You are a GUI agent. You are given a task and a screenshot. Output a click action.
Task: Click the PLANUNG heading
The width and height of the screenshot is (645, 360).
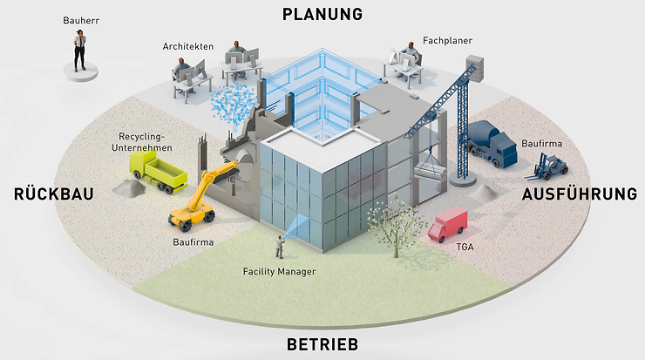322,14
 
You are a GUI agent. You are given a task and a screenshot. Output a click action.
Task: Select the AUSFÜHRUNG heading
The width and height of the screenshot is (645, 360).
581,194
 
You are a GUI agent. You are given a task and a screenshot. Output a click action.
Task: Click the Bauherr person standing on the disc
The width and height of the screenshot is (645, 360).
80,51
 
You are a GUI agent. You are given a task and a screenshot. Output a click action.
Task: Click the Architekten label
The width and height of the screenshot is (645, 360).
188,45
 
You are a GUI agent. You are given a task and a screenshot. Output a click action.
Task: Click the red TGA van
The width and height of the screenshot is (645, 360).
449,224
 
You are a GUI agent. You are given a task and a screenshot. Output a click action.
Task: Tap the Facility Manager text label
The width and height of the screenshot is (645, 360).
279,272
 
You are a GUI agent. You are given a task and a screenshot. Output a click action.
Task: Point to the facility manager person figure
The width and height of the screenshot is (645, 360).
281,247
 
